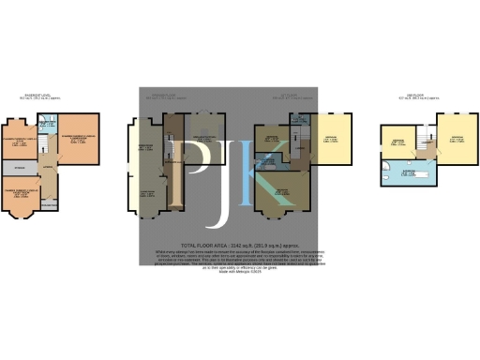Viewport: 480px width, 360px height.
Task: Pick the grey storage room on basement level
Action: click(x=20, y=169)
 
